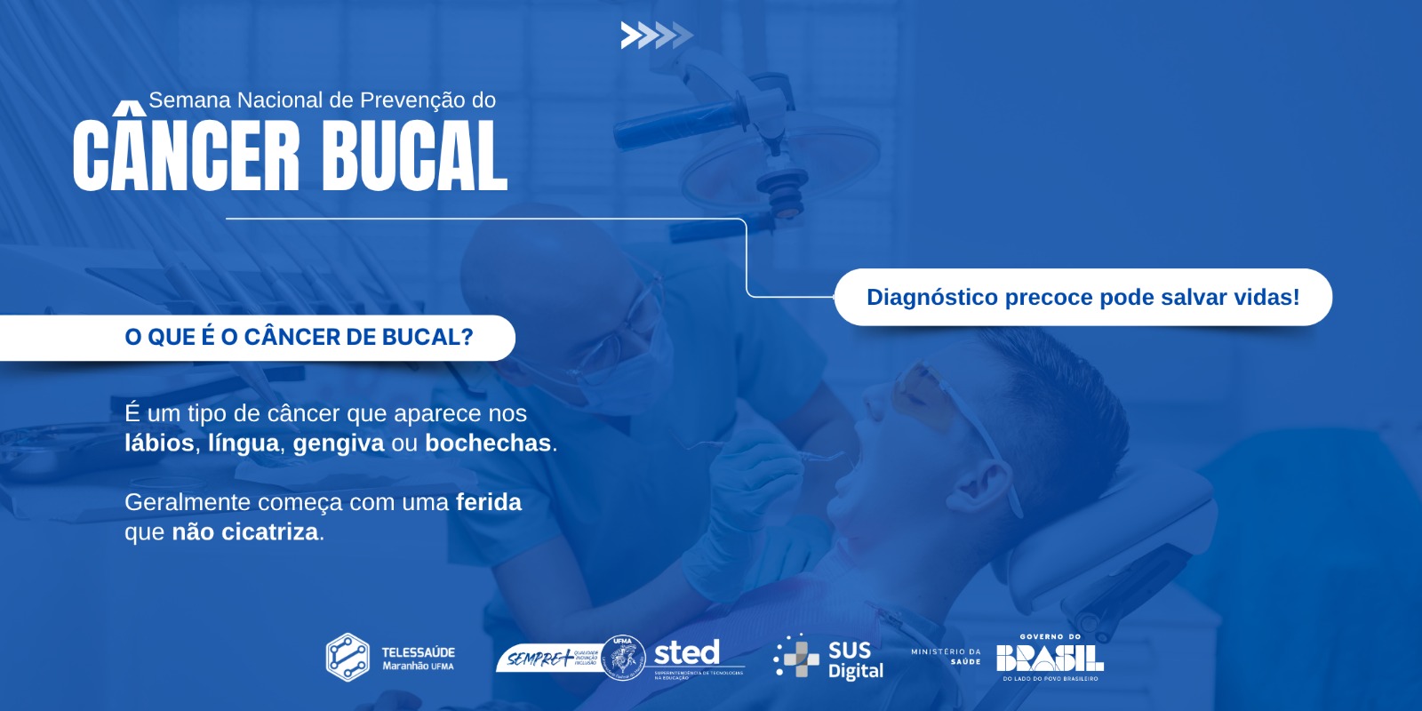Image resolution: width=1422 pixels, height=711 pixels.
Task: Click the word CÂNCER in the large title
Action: (187, 156)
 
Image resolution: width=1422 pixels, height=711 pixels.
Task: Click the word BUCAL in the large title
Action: (414, 156)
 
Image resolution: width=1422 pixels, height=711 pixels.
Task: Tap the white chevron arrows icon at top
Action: (656, 36)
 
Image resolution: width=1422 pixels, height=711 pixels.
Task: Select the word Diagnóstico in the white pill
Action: (931, 298)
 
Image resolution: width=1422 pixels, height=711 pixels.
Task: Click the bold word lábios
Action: (159, 443)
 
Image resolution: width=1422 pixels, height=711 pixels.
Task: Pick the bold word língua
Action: (244, 443)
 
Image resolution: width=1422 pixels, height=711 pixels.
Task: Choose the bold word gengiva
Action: (339, 443)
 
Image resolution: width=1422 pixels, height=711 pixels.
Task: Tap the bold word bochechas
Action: (488, 443)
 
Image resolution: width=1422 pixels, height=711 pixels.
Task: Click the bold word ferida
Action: (489, 502)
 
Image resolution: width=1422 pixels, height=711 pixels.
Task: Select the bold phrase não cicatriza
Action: (245, 531)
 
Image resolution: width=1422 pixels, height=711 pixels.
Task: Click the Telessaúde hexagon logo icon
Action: (348, 658)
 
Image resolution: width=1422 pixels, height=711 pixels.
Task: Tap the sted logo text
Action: (687, 653)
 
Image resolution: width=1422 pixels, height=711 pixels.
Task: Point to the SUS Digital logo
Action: (829, 658)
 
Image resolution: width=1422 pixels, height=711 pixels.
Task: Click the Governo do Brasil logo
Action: (1050, 658)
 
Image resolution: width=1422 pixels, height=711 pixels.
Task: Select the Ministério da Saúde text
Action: (946, 656)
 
